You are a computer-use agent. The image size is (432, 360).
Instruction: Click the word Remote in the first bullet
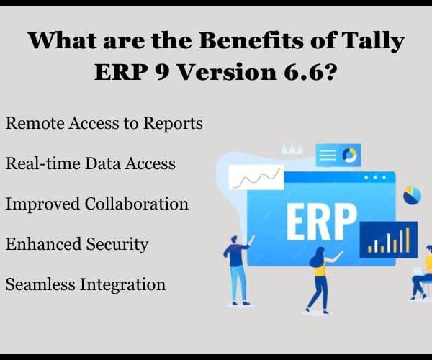coord(35,122)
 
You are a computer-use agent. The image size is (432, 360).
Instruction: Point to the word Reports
coord(173,124)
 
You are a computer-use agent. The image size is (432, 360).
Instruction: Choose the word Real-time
coord(43,163)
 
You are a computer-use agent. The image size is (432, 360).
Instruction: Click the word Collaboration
coord(136,204)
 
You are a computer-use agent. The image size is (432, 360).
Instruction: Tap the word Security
coord(117,245)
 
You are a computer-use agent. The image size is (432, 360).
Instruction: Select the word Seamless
coord(40,284)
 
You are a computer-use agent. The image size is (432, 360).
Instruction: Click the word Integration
coord(122,285)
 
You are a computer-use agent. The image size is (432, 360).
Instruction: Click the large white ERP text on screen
coord(322,222)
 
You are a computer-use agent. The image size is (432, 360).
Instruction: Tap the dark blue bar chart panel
coord(389,240)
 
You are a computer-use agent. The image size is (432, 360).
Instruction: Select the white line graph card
coord(256,177)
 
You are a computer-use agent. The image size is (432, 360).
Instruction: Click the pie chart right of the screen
coord(412,195)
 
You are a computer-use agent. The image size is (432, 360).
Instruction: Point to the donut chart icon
coord(350,155)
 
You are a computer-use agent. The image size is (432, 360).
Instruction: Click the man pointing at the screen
coord(237,270)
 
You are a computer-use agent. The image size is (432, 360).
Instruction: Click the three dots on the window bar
coord(375,178)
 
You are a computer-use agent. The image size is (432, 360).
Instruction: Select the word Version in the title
coord(227,72)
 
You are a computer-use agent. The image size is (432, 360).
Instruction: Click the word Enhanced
coord(43,244)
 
